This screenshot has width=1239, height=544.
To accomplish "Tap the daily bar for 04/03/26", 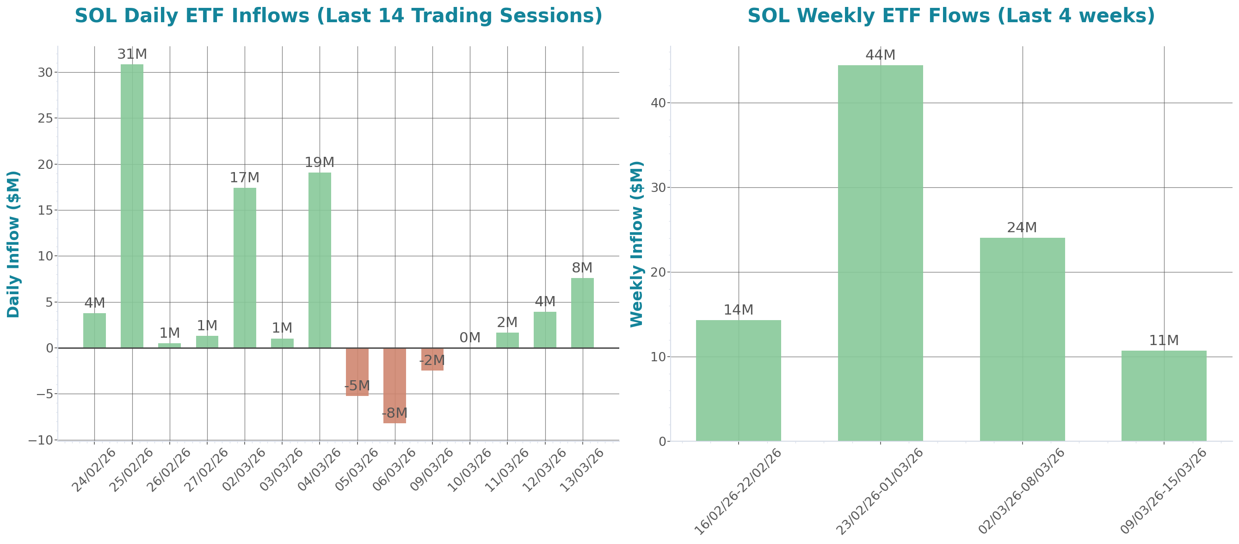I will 320,260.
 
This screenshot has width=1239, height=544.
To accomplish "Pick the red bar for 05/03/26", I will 357,372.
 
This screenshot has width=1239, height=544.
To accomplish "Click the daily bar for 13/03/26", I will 582,313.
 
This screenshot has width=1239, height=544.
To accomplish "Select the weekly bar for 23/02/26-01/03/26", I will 880,253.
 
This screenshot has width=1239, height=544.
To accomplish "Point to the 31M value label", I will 132,54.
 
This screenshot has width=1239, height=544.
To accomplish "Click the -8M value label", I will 395,413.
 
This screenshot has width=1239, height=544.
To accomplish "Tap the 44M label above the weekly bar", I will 880,56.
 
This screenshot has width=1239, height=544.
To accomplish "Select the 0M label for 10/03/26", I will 469,338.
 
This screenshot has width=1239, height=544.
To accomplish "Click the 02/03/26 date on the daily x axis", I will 244,470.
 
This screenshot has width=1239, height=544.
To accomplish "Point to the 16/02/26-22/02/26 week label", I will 738,491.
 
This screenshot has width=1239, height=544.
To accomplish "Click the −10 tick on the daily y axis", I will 42,440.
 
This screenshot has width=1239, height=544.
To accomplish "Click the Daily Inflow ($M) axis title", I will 13,244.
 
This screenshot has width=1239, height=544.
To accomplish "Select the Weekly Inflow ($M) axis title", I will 636,244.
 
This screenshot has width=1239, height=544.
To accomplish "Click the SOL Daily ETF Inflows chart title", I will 338,16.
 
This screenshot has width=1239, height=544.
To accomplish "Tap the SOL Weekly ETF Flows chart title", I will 951,16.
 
